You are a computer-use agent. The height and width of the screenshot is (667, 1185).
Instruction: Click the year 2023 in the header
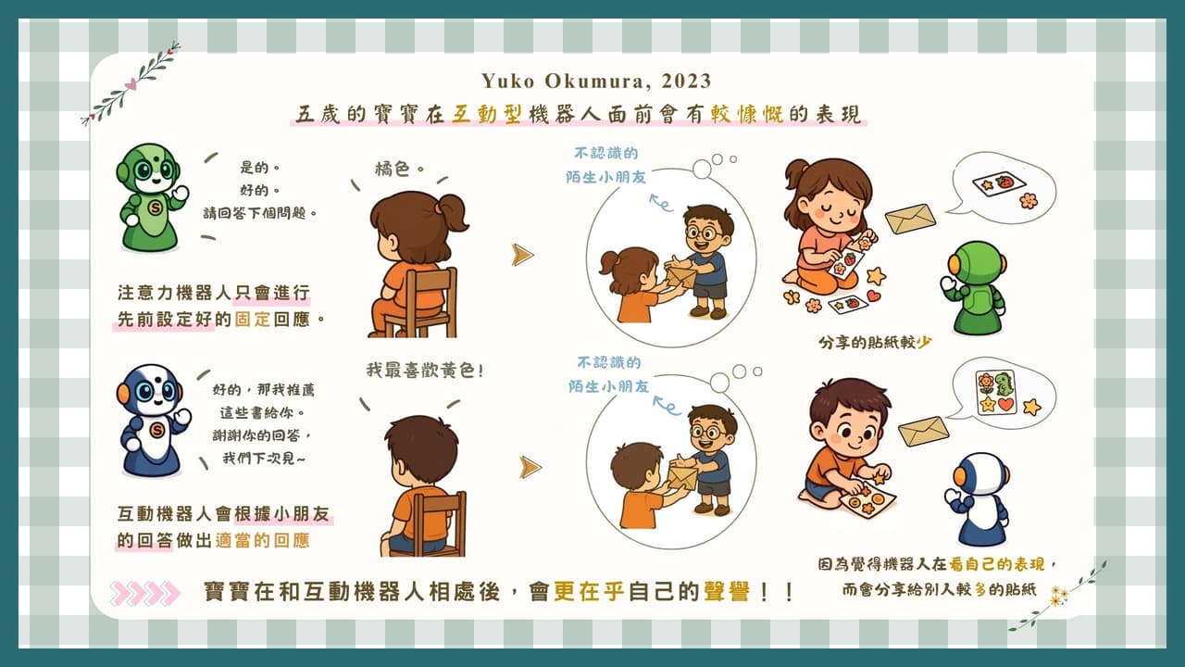click(686, 81)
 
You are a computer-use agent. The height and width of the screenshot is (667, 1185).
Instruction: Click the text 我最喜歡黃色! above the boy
click(424, 370)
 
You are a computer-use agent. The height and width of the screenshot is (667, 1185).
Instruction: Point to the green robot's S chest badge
click(155, 208)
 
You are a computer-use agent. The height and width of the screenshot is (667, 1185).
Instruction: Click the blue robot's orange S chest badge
click(156, 431)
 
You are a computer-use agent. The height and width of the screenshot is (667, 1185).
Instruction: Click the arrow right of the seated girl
click(523, 255)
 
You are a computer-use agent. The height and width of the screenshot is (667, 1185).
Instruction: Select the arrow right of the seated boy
click(530, 468)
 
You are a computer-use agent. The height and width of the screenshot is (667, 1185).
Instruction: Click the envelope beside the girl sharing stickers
click(910, 219)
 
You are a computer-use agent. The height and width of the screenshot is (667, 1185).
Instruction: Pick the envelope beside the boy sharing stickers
click(924, 431)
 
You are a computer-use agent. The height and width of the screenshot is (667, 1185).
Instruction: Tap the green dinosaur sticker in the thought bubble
click(1004, 384)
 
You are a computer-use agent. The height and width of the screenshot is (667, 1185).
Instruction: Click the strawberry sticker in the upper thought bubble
click(1004, 182)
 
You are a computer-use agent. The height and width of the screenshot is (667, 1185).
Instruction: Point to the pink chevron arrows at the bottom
click(145, 593)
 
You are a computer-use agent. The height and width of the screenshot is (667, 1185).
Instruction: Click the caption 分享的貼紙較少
click(875, 343)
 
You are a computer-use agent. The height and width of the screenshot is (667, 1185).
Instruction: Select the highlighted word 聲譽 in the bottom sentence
click(727, 591)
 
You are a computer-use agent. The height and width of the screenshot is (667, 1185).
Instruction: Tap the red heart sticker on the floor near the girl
click(874, 296)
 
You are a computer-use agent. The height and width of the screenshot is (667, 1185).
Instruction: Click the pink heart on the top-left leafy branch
click(131, 83)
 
